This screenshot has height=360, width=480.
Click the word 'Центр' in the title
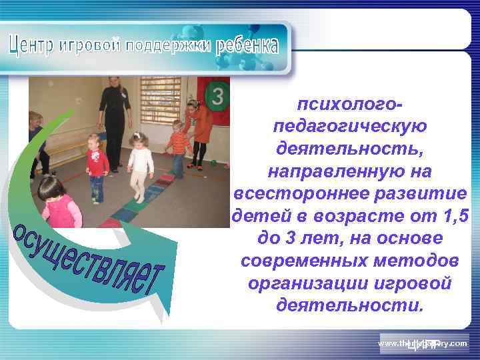point(33,43)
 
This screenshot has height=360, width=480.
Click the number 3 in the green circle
point(216,97)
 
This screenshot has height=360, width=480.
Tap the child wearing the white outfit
point(140,167)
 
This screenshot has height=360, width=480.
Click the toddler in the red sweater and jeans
point(97,167)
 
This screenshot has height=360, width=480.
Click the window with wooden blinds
point(161,99)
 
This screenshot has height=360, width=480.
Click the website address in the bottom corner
point(423,343)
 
